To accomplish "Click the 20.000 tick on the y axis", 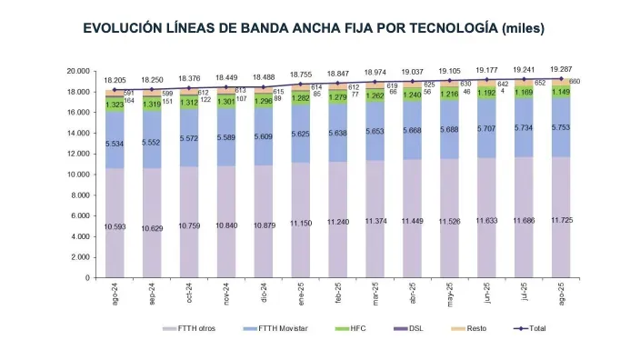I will pyautogui.click(x=77, y=71).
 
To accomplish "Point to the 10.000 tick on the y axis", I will pyautogui.click(x=77, y=175).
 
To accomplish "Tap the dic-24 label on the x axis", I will pyautogui.click(x=266, y=295).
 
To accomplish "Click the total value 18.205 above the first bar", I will pyautogui.click(x=115, y=80).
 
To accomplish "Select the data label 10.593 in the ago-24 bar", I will pyautogui.click(x=115, y=226).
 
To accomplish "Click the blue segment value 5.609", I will pyautogui.click(x=265, y=136).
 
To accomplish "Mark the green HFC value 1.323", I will pyautogui.click(x=115, y=105).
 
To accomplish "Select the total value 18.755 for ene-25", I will pyautogui.click(x=302, y=75).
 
